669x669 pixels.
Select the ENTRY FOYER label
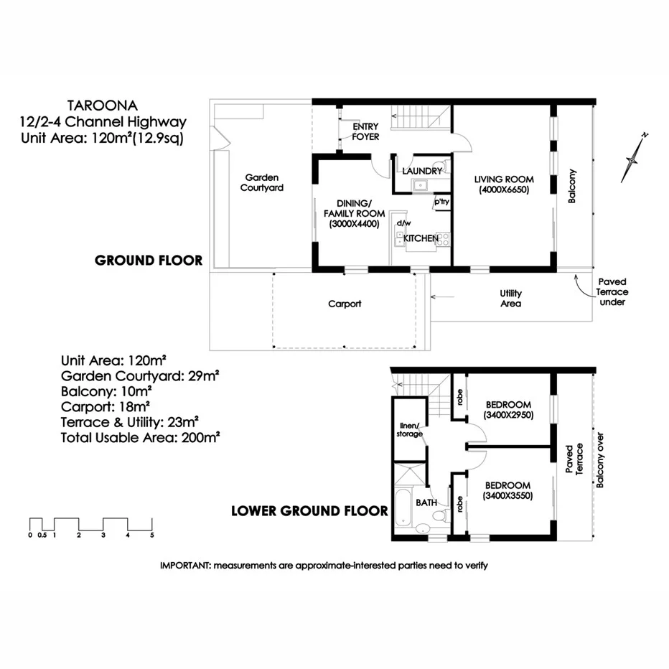(365, 131)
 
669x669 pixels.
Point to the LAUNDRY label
(422, 171)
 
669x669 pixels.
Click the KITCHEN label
(421, 238)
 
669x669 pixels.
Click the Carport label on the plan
(345, 304)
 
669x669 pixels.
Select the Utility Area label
(511, 298)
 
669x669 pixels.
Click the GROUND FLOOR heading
(149, 261)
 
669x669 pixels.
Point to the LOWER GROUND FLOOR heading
(309, 512)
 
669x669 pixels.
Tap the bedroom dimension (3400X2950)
(507, 415)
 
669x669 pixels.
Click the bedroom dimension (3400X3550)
(507, 495)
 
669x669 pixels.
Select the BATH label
(426, 502)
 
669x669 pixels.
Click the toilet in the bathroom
(424, 528)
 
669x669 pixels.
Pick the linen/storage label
(410, 430)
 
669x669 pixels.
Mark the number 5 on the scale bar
(151, 535)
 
